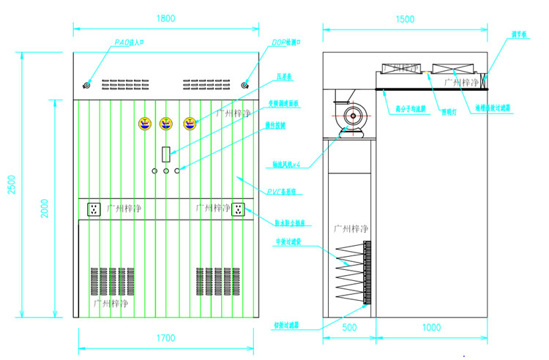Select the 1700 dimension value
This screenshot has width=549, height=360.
point(166,338)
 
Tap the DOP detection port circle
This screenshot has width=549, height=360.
point(247,85)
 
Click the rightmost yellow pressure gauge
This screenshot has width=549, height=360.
point(190,124)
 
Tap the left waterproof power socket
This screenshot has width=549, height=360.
point(94,210)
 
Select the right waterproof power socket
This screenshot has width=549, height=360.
point(237,210)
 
